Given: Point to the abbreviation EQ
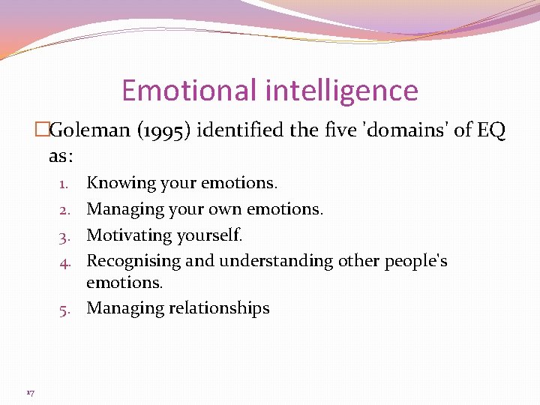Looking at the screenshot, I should [491, 130].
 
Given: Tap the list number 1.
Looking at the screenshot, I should [65, 183].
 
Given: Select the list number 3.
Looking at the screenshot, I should [65, 235].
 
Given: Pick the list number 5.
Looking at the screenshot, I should [65, 308].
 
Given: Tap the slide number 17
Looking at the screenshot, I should [31, 392].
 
